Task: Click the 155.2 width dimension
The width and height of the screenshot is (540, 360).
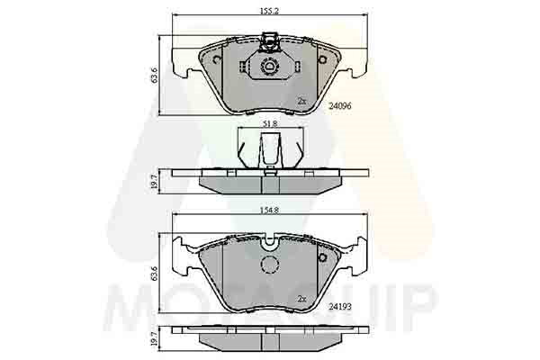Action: (269, 11)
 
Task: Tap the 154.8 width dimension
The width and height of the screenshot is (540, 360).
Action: (269, 210)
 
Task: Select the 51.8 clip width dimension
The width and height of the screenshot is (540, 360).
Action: (270, 123)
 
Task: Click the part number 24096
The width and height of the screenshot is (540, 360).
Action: (340, 106)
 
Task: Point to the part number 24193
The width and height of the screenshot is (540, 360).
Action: (340, 306)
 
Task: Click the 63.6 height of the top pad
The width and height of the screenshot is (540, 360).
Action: (154, 75)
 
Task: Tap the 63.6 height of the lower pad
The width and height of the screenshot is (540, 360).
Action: (154, 274)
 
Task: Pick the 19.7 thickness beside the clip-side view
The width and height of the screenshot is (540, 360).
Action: (154, 182)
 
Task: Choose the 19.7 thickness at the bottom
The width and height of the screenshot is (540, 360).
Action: (154, 338)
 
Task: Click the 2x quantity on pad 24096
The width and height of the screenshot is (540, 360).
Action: (301, 101)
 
